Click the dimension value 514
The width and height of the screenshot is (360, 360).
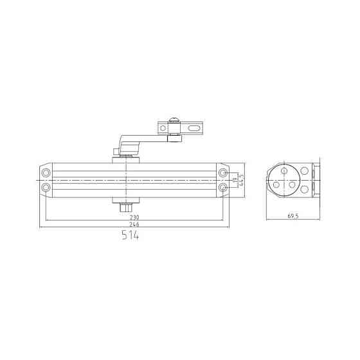130,236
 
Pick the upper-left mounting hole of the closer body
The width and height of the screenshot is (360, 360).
46,174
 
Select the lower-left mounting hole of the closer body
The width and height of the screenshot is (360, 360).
46,187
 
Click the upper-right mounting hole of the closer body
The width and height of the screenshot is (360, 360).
222,174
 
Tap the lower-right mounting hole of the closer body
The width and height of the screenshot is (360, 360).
222,187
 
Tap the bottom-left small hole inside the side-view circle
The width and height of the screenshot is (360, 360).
276,184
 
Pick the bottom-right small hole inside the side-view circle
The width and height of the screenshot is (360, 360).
291,185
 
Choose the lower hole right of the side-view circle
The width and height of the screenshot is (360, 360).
304,188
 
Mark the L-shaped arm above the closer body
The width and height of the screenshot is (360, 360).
138,139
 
